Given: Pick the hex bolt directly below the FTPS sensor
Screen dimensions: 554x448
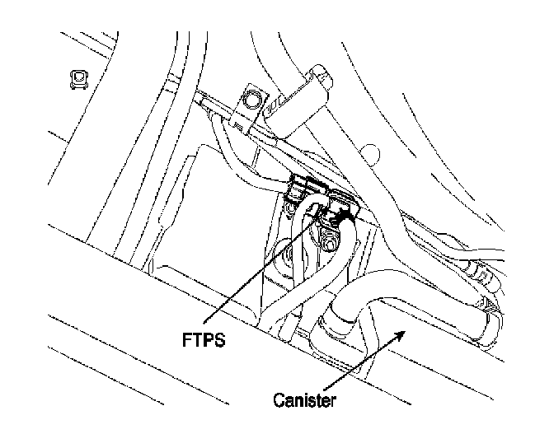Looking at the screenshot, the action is click(x=328, y=242).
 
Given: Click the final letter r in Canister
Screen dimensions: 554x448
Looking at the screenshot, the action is click(x=334, y=401).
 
